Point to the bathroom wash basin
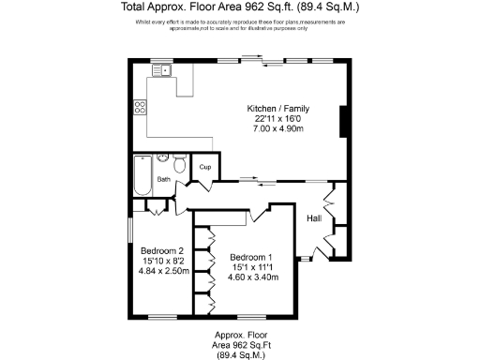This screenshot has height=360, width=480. coord(162,158)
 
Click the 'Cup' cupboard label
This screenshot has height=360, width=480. coord(204,168)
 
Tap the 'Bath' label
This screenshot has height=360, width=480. coord(163,178)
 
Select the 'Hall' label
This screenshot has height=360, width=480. coord(314,218)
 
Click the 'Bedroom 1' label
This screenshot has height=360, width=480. coord(252,257)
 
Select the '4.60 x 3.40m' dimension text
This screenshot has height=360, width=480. coord(253,277)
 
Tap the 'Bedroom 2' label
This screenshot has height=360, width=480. coord(161,250)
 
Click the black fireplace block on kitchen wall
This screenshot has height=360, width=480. coord(345,121)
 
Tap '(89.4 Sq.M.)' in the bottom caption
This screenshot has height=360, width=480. coord(239,355)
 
